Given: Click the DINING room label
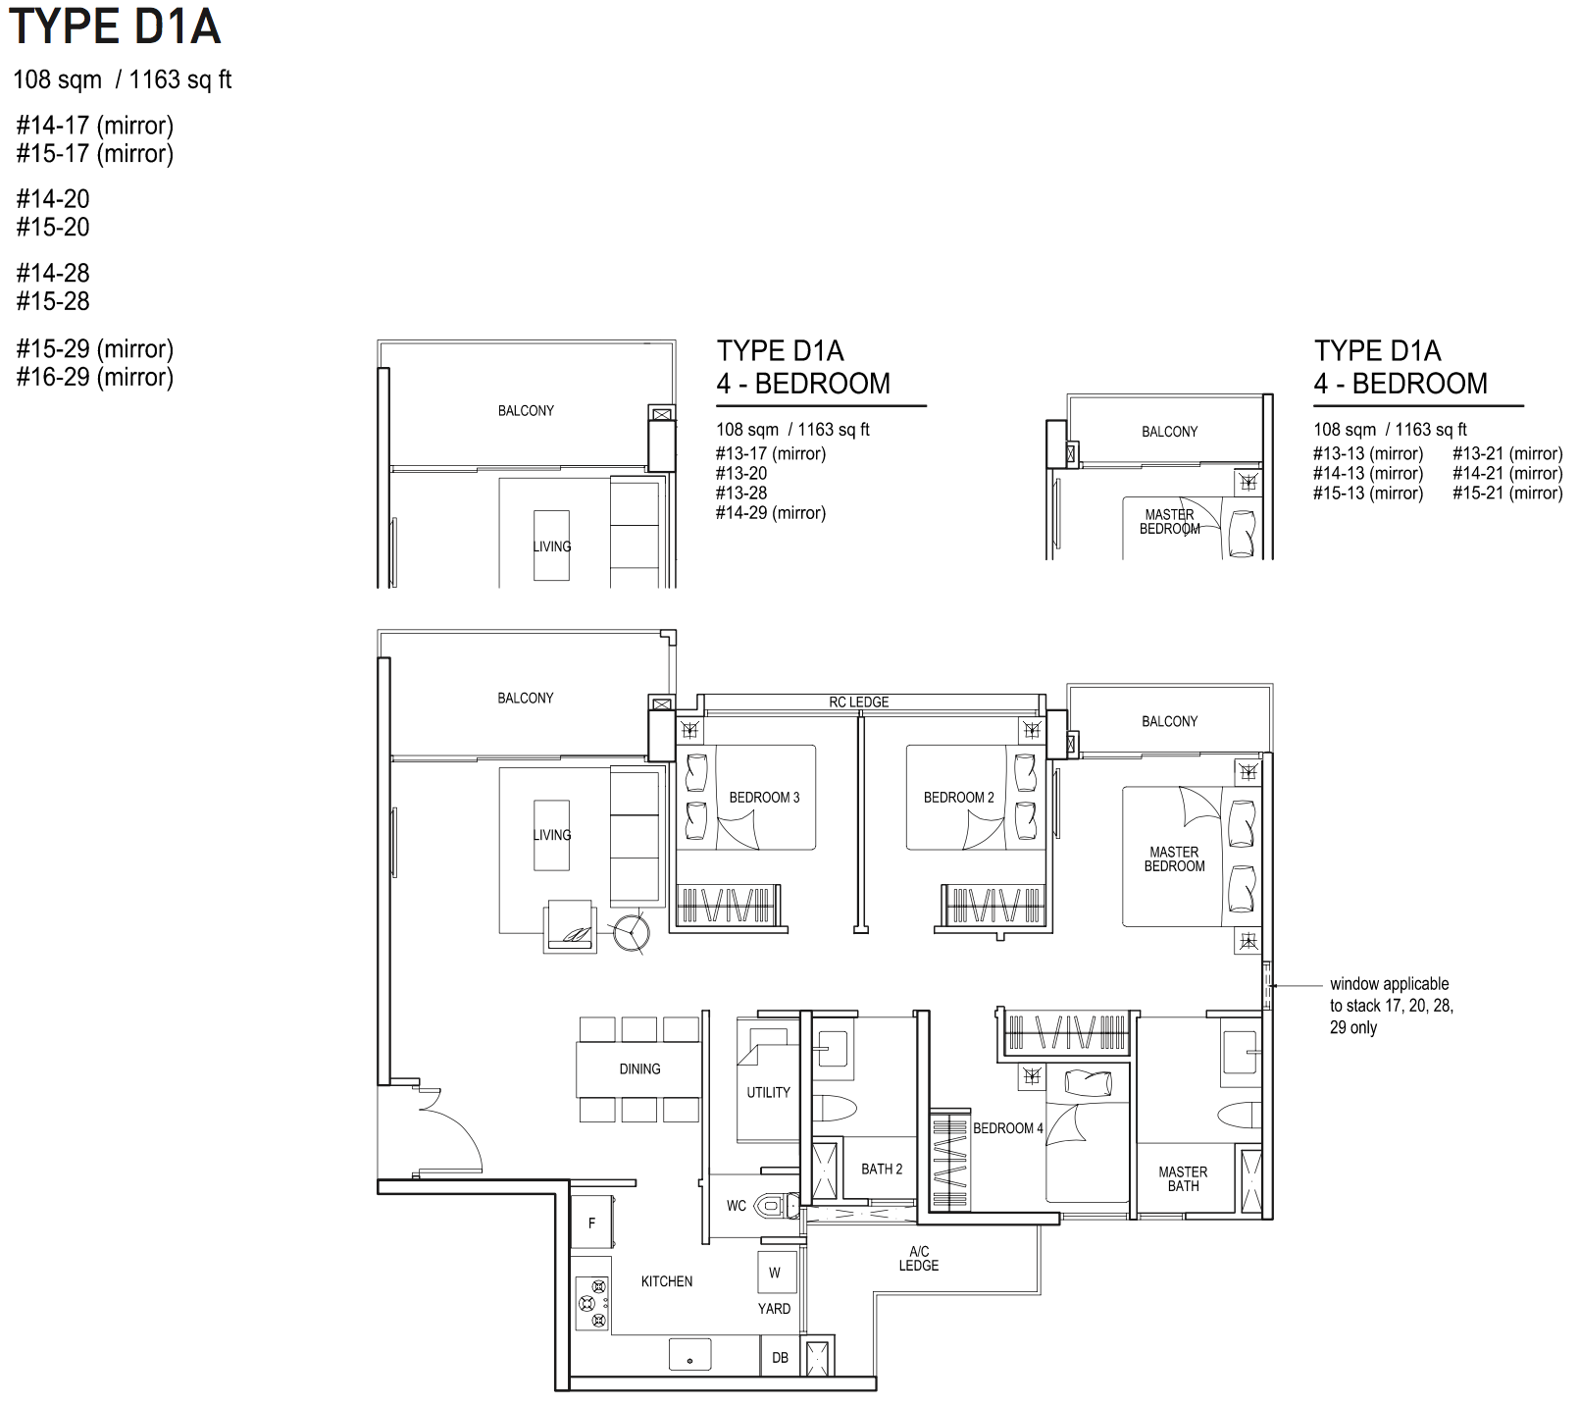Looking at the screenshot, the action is [x=639, y=1068].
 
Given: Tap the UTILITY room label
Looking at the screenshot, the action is [x=768, y=1092].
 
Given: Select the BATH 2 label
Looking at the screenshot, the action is [x=882, y=1169].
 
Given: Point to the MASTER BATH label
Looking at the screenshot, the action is [x=1183, y=1178].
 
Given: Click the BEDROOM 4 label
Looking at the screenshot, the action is [x=1008, y=1128].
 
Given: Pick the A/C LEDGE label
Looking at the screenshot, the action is [x=919, y=1259].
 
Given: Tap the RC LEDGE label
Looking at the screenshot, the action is [x=859, y=702].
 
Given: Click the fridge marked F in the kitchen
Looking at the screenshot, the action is [x=591, y=1223].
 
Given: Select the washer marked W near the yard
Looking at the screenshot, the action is [x=775, y=1273].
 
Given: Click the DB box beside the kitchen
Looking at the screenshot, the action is [x=781, y=1358].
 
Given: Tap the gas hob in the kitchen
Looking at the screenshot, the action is [x=591, y=1303].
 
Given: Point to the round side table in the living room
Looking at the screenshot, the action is [x=631, y=932].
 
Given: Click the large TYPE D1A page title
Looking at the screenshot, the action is [x=115, y=26].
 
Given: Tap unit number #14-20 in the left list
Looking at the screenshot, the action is [x=53, y=199].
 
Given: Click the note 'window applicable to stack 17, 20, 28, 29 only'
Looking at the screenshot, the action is [x=1392, y=1006].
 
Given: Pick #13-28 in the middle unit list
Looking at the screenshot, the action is [x=741, y=493].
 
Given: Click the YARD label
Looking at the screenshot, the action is [x=774, y=1308].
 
